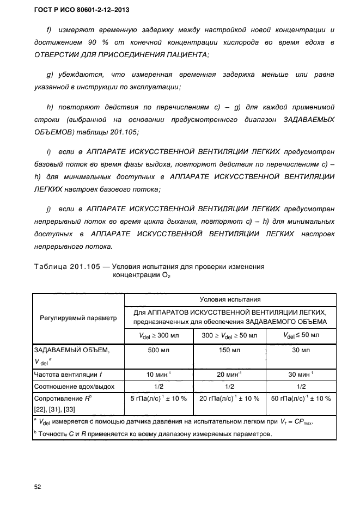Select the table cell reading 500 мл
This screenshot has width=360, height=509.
coord(160,349)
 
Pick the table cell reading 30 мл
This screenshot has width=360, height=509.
coord(301,349)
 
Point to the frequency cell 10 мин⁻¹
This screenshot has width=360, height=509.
coord(160,374)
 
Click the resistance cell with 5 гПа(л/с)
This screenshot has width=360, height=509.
coord(160,398)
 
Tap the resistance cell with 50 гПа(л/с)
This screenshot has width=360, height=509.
coord(301,398)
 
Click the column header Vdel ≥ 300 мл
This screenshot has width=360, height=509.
coord(160,335)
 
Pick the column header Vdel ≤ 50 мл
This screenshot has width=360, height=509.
coord(301,335)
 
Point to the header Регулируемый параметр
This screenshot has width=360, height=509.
coord(78,318)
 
